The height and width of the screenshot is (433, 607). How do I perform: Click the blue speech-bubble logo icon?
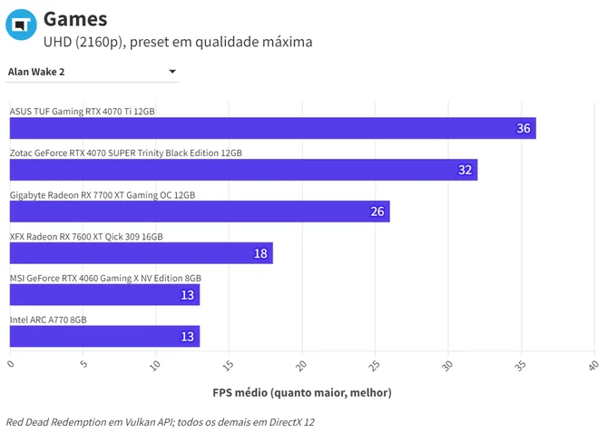(21, 25)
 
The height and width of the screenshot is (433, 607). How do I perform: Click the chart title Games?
(75, 19)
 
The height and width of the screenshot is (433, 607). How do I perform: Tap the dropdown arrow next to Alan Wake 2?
(172, 72)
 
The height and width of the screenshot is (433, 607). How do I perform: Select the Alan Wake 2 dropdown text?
(36, 72)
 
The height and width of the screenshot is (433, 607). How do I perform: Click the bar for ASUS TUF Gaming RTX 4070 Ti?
(273, 128)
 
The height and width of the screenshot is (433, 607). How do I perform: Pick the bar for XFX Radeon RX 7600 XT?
(142, 253)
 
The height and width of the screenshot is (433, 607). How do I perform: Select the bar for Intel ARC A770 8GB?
(104, 336)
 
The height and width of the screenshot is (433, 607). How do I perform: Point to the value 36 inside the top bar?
(524, 128)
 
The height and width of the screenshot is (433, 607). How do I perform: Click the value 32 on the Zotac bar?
(465, 170)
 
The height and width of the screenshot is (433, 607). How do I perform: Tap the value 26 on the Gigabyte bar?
(377, 212)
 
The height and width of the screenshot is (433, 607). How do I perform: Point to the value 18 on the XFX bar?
(260, 253)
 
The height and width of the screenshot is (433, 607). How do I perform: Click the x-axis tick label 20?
(301, 365)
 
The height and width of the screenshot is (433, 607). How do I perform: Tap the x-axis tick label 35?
(520, 365)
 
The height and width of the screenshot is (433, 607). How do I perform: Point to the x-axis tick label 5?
(83, 364)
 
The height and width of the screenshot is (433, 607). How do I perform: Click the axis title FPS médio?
(302, 393)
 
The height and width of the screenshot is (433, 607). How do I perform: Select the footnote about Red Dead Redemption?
(161, 422)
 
